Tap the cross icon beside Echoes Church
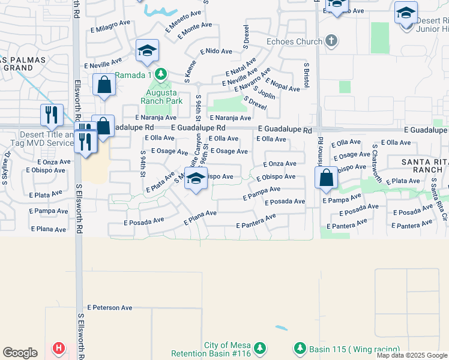(330, 41)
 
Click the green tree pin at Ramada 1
(160, 74)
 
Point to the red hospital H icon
(59, 347)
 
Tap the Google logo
(20, 353)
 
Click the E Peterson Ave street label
(110, 308)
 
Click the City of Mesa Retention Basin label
(217, 349)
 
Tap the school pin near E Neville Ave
(146, 52)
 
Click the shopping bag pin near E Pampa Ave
(326, 178)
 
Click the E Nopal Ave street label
(282, 85)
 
